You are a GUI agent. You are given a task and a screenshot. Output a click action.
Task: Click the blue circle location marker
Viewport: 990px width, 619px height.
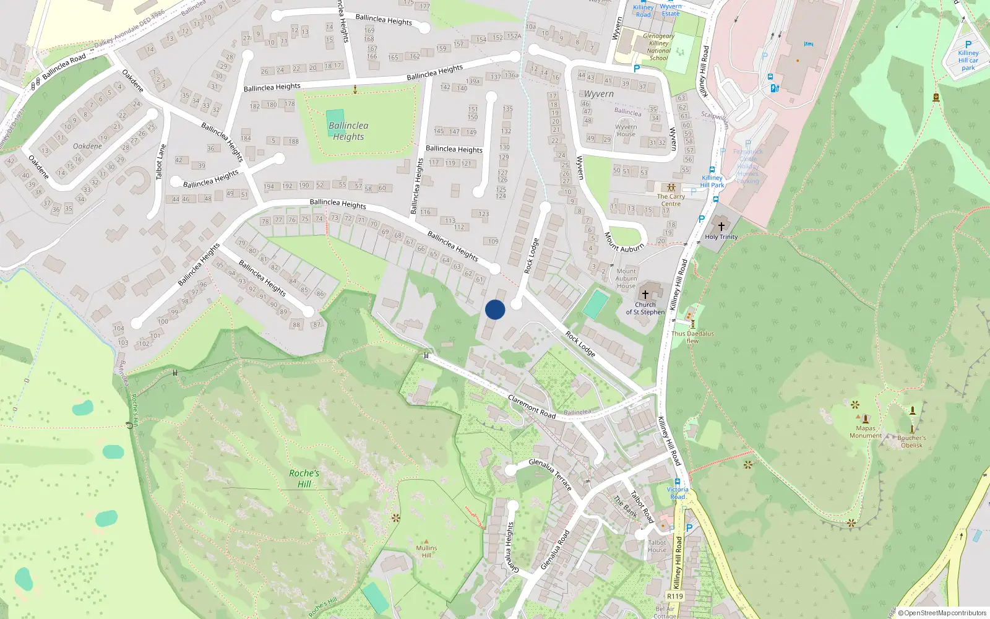click(x=495, y=309)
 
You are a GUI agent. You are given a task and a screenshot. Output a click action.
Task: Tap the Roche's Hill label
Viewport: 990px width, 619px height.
click(x=304, y=478)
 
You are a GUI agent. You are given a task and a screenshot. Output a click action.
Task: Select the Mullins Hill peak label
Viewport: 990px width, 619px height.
click(x=426, y=551)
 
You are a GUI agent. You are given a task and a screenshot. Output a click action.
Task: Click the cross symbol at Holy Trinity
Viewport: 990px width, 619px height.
click(x=721, y=227)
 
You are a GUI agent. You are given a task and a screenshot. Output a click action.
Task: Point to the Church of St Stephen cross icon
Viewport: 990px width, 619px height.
click(x=645, y=295)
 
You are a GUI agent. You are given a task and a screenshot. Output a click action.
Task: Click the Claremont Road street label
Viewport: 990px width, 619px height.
click(x=532, y=406)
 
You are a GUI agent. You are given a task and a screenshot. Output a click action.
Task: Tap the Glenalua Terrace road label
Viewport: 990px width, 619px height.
click(x=550, y=475)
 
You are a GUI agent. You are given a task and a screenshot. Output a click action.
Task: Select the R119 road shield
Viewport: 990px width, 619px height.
click(x=674, y=596)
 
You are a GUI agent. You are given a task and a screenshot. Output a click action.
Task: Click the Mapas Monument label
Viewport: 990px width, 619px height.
click(x=865, y=431)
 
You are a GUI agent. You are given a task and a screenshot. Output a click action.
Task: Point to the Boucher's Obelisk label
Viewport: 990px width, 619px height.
click(x=911, y=441)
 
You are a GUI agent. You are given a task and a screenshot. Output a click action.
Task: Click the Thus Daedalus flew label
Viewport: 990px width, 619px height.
click(x=692, y=337)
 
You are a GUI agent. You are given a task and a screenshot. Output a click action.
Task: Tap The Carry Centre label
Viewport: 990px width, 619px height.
click(x=671, y=200)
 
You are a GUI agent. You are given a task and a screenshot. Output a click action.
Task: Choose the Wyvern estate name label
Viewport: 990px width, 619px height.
click(x=599, y=94)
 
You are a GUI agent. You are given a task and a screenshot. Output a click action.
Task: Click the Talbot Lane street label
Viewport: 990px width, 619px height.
click(x=161, y=162)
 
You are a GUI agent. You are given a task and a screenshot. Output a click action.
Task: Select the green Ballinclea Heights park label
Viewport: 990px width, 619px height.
click(x=348, y=131)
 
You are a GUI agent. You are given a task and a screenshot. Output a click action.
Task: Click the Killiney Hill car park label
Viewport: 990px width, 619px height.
click(x=968, y=60)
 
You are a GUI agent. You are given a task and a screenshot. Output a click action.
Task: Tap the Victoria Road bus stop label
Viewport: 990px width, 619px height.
click(x=678, y=493)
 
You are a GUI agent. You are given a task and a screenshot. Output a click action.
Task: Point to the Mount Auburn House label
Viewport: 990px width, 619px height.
click(x=626, y=278)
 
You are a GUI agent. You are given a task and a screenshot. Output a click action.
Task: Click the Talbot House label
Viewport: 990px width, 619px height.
click(x=657, y=546)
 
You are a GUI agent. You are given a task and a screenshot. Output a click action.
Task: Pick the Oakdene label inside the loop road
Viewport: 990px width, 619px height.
click(x=87, y=146)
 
